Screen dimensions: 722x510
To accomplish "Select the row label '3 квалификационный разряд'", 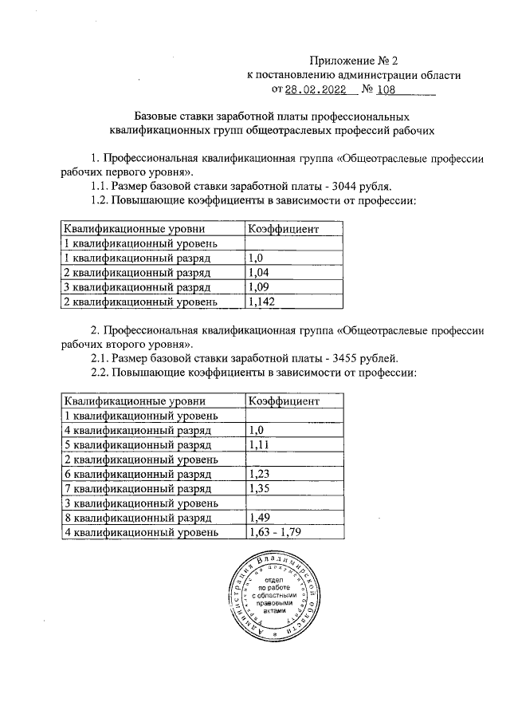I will pyautogui.click(x=136, y=287).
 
